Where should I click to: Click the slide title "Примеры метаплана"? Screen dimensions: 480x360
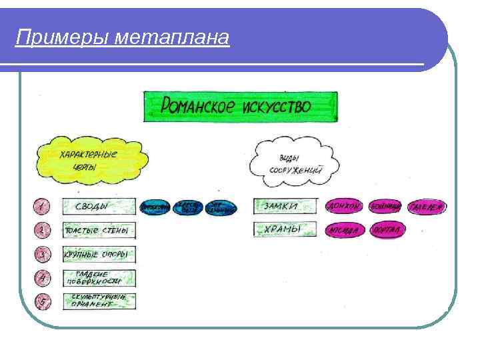(x=123, y=38)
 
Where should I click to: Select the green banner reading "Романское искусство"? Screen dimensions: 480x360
(x=241, y=107)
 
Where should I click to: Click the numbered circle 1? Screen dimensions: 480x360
(x=41, y=207)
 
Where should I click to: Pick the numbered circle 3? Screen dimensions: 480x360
(x=42, y=255)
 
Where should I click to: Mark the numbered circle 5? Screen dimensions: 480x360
(x=42, y=301)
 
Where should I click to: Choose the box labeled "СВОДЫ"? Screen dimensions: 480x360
(x=99, y=207)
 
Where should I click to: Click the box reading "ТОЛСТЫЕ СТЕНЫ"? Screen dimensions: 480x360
(x=99, y=231)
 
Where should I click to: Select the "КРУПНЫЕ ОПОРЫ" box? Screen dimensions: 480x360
(x=99, y=255)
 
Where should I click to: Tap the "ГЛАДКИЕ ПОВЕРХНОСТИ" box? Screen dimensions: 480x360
(x=99, y=278)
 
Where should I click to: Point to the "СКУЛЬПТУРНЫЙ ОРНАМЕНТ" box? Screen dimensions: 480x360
(x=99, y=301)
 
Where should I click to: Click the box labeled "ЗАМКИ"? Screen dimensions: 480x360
(x=285, y=207)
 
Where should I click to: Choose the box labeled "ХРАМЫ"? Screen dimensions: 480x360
(x=285, y=230)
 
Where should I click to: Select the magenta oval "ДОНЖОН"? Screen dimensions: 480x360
(x=343, y=207)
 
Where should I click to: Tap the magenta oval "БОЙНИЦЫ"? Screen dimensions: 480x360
(x=385, y=207)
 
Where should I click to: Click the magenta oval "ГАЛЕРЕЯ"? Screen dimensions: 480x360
(x=427, y=207)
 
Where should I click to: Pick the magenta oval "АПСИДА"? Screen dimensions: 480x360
(x=343, y=231)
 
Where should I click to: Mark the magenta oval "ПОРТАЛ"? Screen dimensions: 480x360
(x=386, y=231)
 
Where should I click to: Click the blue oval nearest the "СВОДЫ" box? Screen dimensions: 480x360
(x=155, y=208)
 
